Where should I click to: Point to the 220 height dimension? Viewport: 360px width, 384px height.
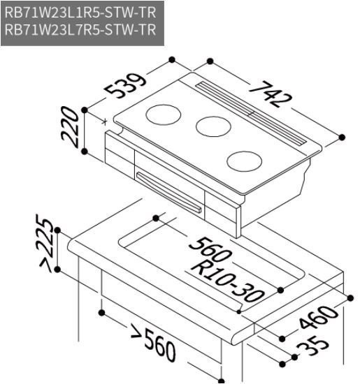tap(70, 126)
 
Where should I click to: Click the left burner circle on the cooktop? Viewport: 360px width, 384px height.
tap(164, 113)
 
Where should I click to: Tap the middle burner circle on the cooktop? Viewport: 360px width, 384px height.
tap(213, 126)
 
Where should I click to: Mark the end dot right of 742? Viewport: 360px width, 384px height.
tap(342, 137)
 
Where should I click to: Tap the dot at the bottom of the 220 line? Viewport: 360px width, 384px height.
tap(84, 150)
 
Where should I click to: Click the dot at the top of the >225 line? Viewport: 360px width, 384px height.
tap(58, 230)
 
